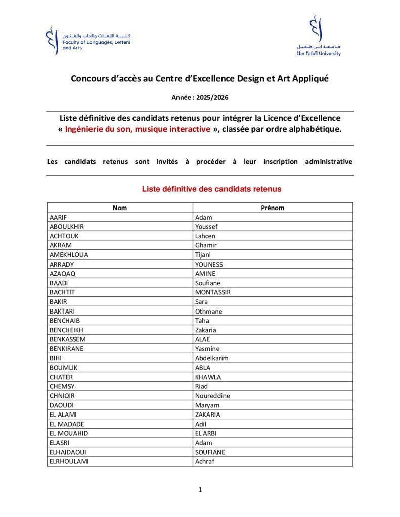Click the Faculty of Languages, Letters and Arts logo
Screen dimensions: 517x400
tap(88, 40)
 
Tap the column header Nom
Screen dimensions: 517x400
tap(120, 208)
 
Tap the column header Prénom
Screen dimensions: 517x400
tap(273, 208)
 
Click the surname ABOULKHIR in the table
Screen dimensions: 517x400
tap(67, 227)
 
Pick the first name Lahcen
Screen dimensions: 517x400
tap(205, 236)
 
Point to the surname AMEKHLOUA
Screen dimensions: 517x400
tap(69, 255)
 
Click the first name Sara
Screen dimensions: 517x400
tap(202, 302)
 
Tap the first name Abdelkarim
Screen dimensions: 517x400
tap(212, 358)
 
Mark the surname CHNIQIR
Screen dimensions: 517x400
tap(62, 396)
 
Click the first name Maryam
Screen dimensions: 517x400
tap(207, 405)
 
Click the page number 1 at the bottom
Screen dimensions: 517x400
tap(200, 489)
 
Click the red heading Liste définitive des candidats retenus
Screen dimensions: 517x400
tap(211, 189)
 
